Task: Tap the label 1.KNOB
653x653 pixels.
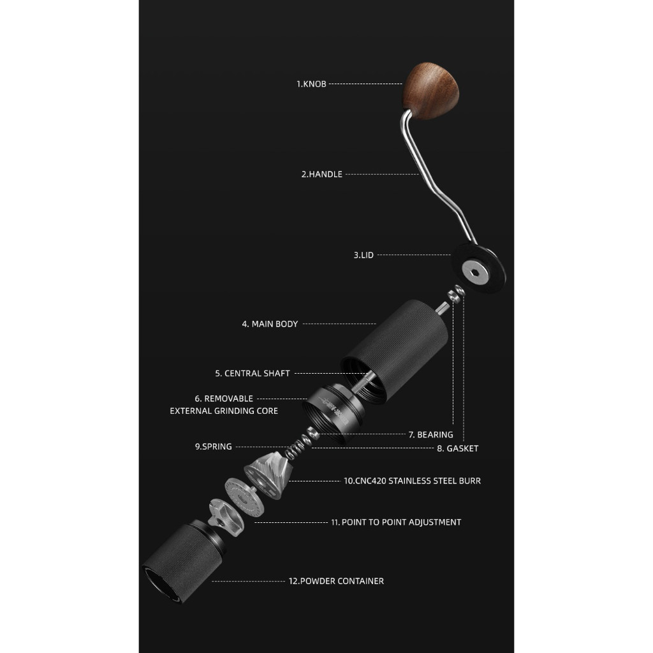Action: pyautogui.click(x=311, y=84)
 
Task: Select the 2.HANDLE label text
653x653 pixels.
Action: pyautogui.click(x=321, y=174)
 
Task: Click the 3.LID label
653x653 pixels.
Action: pyautogui.click(x=363, y=255)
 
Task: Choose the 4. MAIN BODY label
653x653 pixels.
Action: pyautogui.click(x=270, y=324)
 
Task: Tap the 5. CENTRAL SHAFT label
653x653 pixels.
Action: pyautogui.click(x=253, y=374)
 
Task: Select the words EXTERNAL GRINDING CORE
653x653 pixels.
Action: pyautogui.click(x=224, y=411)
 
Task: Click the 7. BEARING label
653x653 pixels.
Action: pyautogui.click(x=430, y=435)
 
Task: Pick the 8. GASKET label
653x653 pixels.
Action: pyautogui.click(x=458, y=448)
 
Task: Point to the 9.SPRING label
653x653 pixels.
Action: pyautogui.click(x=214, y=447)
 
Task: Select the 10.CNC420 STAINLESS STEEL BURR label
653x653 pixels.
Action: pyautogui.click(x=412, y=481)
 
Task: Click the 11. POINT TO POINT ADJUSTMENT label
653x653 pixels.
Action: pyautogui.click(x=395, y=522)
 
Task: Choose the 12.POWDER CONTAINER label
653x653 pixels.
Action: pyautogui.click(x=336, y=581)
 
